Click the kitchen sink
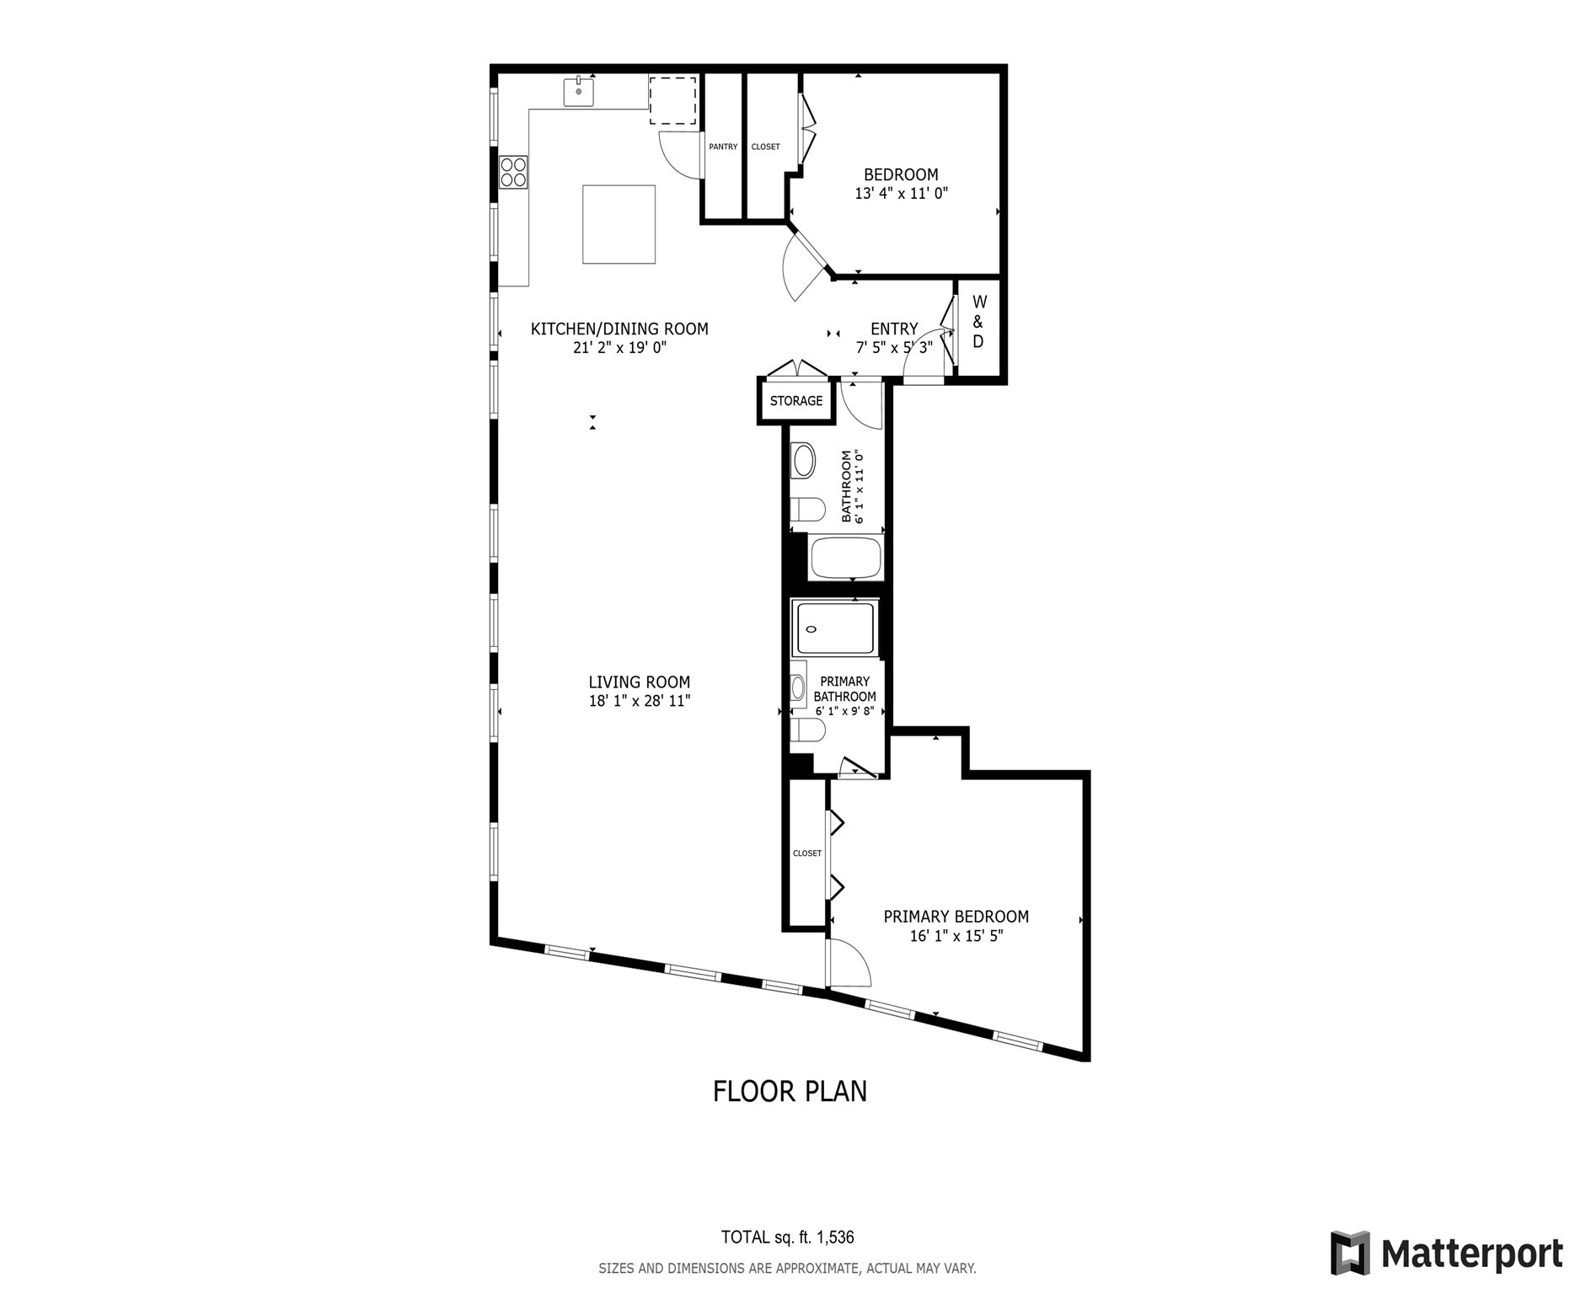579,90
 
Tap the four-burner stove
513,173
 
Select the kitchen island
619,224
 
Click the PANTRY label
723,147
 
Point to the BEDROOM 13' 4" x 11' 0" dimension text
902,194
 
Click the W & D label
978,321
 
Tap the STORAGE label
796,401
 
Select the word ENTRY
894,329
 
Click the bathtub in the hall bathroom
845,557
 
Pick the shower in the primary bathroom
836,628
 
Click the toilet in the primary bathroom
807,730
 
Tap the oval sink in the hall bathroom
804,461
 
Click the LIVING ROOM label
640,682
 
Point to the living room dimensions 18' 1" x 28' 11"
640,701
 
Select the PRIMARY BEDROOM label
956,917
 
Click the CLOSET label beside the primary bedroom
807,853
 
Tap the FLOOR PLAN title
790,1091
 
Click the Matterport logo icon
1351,1253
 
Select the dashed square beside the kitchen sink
672,100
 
